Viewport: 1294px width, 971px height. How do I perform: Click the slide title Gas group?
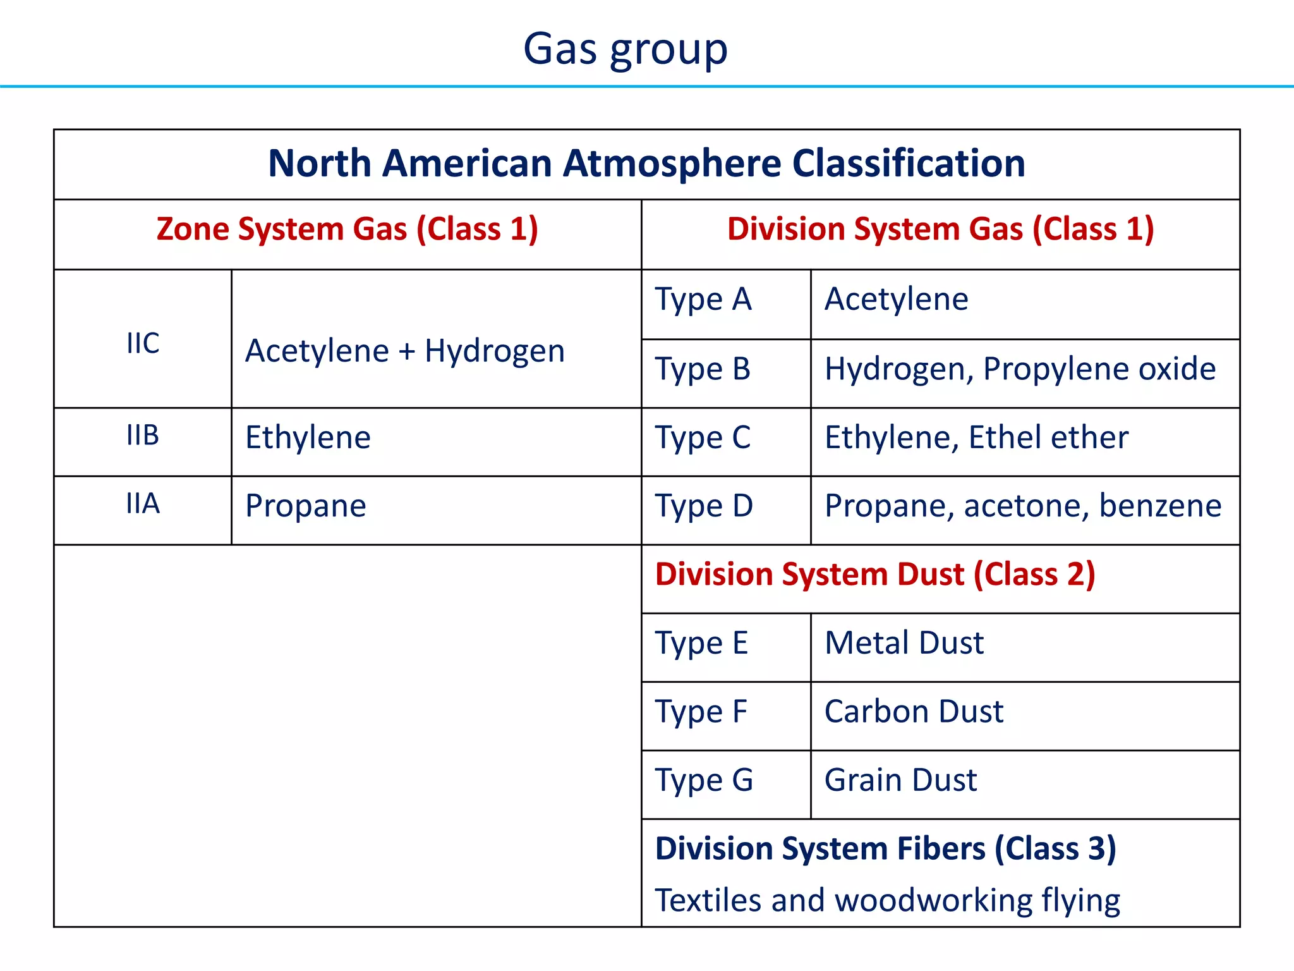[626, 49]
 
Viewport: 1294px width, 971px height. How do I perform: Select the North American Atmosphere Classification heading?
[646, 163]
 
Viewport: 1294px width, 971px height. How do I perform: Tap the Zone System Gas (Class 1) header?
[347, 229]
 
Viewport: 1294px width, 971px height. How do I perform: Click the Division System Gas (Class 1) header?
[940, 229]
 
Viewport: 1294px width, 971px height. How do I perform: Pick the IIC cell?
[143, 343]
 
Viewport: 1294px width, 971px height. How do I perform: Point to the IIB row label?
[143, 436]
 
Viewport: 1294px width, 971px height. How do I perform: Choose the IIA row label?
[143, 504]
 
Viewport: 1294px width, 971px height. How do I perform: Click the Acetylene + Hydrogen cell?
[405, 351]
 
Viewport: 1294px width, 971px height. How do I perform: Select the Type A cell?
[703, 300]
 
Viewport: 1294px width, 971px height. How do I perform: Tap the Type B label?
[703, 369]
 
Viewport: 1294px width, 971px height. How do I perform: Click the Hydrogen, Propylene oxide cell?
[1020, 369]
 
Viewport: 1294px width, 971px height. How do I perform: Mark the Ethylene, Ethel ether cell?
[976, 437]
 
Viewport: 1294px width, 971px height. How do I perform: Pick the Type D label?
[704, 506]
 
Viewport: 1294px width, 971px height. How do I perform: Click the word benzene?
[1160, 506]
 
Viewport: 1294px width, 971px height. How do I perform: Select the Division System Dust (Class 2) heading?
[875, 575]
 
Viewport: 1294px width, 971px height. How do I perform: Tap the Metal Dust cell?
[904, 643]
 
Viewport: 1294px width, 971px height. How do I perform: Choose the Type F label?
[701, 712]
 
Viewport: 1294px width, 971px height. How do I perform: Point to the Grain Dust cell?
[900, 780]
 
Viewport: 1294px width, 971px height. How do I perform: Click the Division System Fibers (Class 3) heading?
[886, 848]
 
